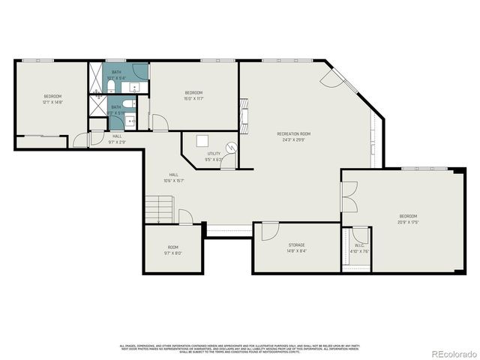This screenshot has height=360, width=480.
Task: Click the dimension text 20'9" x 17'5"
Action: click(407, 222)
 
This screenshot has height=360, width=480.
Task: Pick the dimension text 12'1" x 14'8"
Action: click(52, 102)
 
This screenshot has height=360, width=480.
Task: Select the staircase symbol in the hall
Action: click(159, 208)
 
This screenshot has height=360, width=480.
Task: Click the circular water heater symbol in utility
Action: click(232, 147)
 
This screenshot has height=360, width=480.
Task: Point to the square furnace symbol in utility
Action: click(202, 140)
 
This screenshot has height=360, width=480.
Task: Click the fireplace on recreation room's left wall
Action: click(243, 111)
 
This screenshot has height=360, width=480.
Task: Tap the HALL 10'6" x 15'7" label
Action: click(173, 178)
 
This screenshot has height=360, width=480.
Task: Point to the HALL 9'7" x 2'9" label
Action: click(117, 139)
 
